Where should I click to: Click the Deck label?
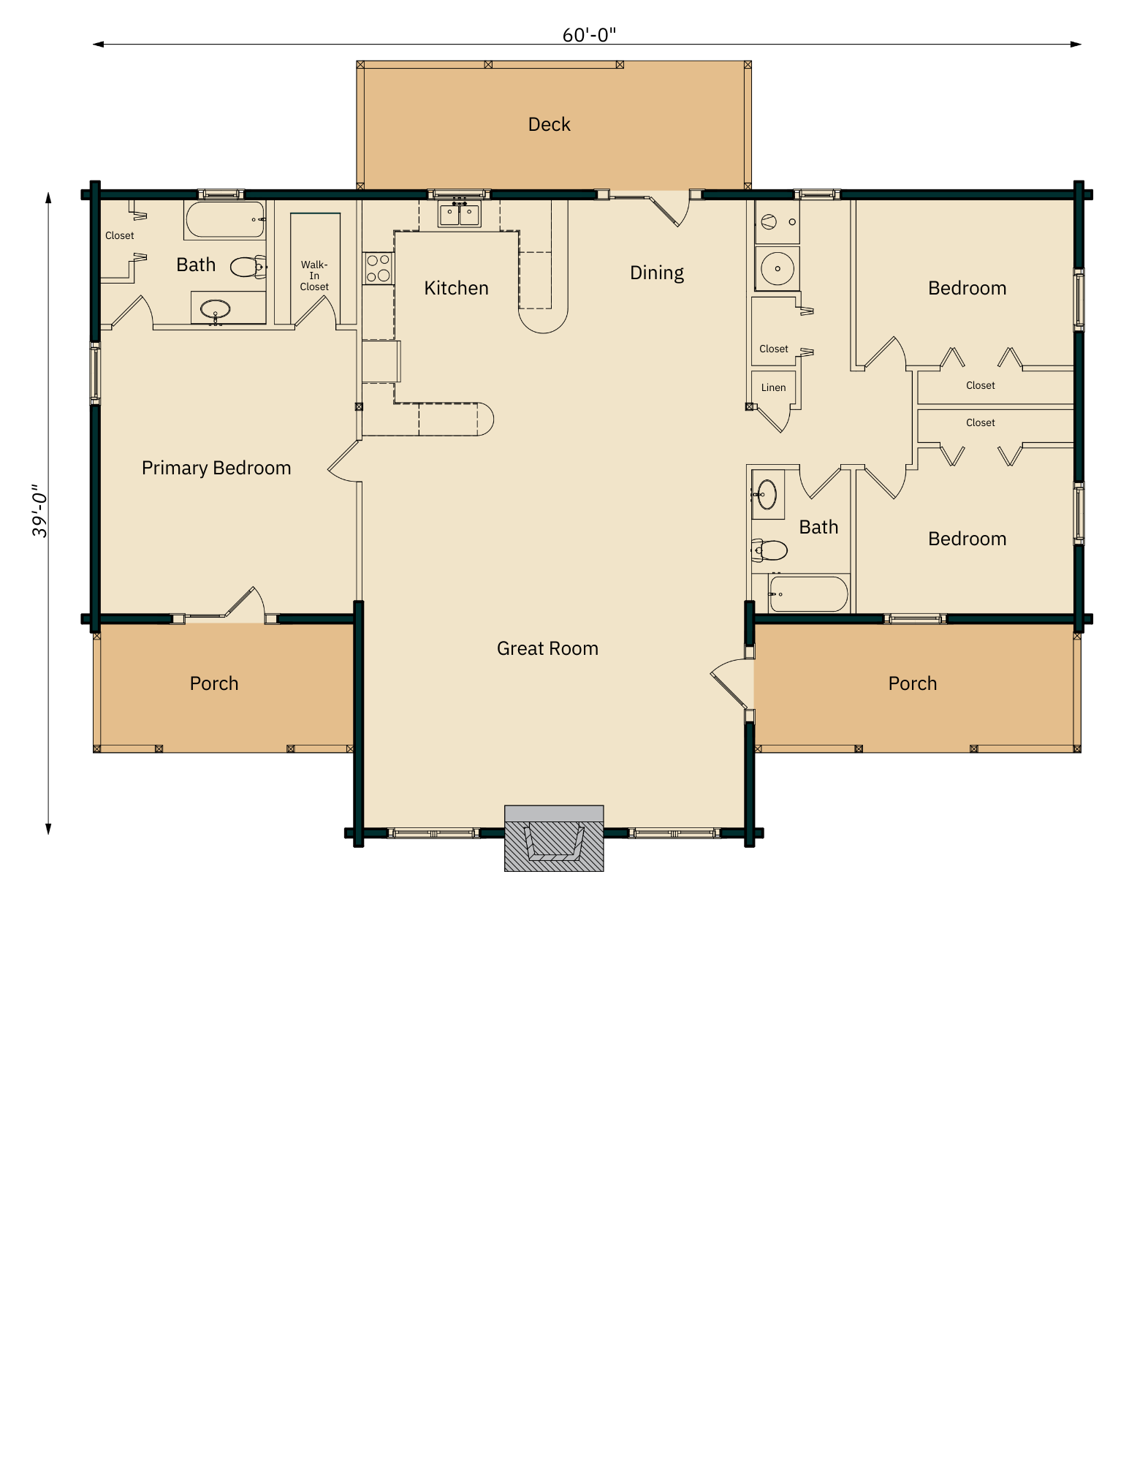[x=549, y=124]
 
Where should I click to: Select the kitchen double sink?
[x=459, y=214]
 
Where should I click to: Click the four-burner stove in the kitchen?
[x=378, y=268]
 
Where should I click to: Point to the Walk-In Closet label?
[x=314, y=276]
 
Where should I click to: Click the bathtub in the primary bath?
[x=225, y=220]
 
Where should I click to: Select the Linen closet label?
[x=773, y=388]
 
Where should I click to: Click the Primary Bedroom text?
[x=216, y=468]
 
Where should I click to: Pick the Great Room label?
[x=547, y=648]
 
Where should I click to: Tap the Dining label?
[x=656, y=273]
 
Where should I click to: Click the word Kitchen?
[x=456, y=288]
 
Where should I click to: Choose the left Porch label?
[x=214, y=683]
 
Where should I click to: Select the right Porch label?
[x=912, y=683]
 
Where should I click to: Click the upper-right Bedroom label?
[x=967, y=288]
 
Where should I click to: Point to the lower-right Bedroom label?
[x=967, y=539]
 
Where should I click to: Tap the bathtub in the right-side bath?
[x=808, y=593]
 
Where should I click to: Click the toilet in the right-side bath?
[x=770, y=550]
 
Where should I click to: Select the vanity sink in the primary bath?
[x=216, y=308]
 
